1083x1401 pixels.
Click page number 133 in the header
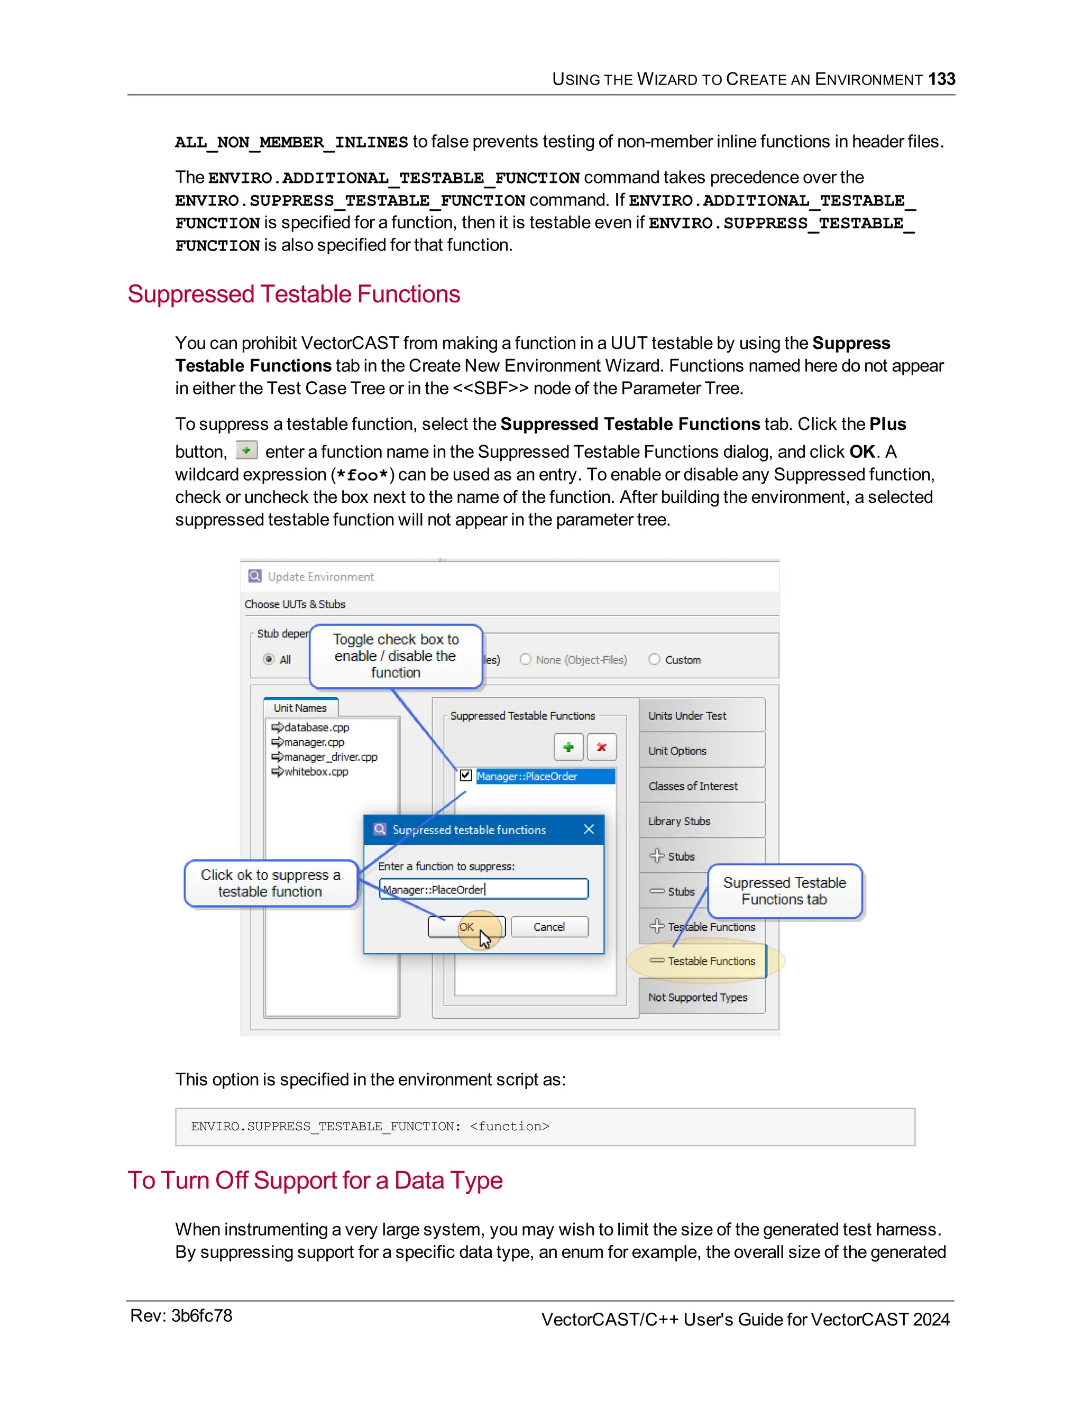point(941,79)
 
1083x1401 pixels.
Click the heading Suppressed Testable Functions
point(294,294)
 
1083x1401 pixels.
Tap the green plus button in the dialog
point(568,746)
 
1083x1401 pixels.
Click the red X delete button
point(601,746)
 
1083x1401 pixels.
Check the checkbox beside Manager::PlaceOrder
point(466,776)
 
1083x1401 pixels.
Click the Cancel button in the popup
point(549,927)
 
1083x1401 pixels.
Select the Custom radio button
point(654,659)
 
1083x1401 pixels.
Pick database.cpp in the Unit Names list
point(316,727)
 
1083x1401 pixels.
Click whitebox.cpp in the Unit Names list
point(316,772)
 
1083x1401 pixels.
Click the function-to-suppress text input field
point(484,889)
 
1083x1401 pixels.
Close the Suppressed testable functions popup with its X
point(589,829)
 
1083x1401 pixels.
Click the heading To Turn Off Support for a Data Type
point(315,1181)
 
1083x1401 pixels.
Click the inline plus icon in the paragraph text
point(246,450)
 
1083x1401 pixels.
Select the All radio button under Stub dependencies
point(269,659)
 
